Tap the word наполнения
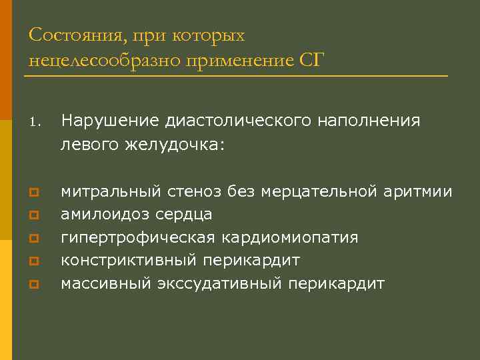tap(371, 121)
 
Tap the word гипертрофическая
tap(137, 238)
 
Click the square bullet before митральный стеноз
tap(33, 193)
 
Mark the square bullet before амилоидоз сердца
tap(33, 216)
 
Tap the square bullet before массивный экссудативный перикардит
tap(33, 285)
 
